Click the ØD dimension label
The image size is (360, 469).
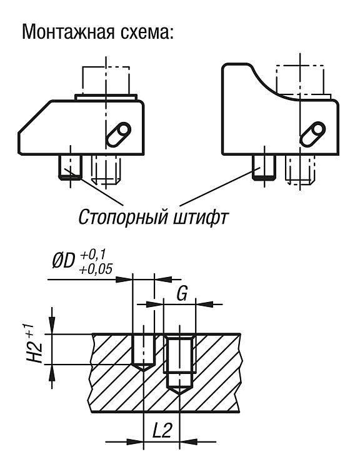(63, 262)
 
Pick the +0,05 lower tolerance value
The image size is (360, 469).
(96, 269)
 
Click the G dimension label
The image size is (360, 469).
(181, 293)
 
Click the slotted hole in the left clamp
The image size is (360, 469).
(119, 134)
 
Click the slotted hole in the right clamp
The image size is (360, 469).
(312, 134)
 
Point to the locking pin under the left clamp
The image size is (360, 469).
(70, 167)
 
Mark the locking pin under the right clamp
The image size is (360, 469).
(264, 168)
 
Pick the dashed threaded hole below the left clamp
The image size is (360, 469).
(106, 169)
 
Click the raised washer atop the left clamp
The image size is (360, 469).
(106, 97)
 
